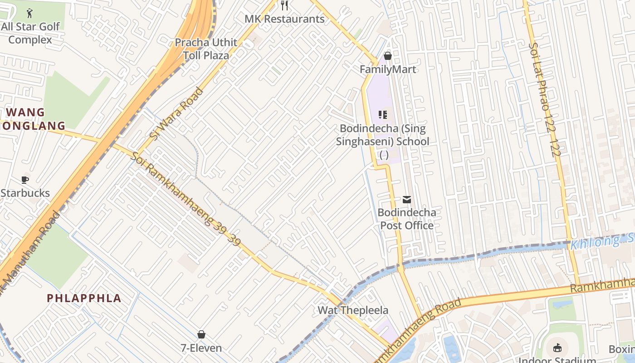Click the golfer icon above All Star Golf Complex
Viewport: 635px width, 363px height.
(30, 13)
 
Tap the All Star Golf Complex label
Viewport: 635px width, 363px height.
(30, 33)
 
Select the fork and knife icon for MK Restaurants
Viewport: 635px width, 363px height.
(284, 5)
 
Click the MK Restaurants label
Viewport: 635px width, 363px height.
(284, 19)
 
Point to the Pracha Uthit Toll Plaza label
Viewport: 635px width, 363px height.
(206, 49)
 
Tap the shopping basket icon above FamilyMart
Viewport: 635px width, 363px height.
(387, 56)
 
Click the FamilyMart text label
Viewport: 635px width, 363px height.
(387, 69)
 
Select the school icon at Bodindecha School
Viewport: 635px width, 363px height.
(383, 115)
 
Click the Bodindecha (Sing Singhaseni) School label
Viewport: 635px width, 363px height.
(383, 135)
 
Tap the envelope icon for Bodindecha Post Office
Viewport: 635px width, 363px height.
(407, 199)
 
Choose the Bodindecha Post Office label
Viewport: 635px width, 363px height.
(407, 219)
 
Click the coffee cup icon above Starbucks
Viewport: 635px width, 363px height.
(25, 180)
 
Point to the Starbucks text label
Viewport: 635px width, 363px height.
(25, 193)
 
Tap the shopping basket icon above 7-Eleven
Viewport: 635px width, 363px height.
(201, 334)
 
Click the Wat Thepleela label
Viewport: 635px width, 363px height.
(353, 310)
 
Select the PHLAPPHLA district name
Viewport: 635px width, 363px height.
(84, 298)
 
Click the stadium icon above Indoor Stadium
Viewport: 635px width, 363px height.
(557, 348)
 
